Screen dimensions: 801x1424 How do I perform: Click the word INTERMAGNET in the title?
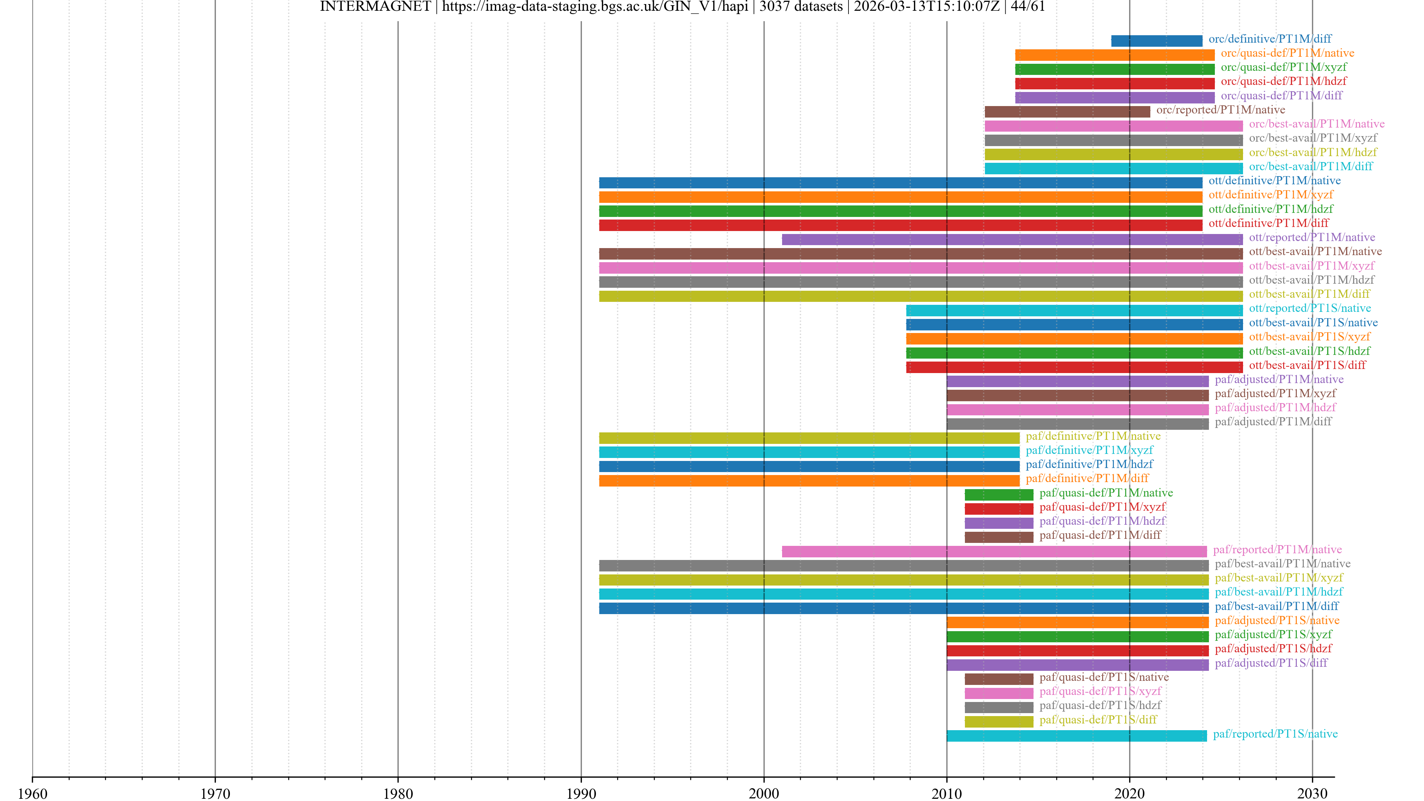(x=375, y=7)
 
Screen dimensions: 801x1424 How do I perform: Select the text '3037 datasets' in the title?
(x=801, y=7)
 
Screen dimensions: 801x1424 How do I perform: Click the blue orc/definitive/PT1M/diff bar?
(x=1157, y=41)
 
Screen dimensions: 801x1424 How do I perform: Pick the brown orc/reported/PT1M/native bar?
(x=1067, y=112)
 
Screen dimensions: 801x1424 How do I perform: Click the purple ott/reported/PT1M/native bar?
(x=1012, y=239)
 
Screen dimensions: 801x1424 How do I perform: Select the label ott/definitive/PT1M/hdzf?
(x=1270, y=209)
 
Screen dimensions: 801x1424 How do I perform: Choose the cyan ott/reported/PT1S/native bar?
(x=1074, y=310)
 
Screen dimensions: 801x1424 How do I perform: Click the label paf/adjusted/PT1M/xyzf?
(x=1275, y=393)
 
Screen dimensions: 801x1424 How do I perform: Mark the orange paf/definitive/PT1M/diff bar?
(x=809, y=480)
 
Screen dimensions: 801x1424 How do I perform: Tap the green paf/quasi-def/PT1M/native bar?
(x=998, y=495)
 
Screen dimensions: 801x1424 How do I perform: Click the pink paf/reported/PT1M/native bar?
(x=994, y=551)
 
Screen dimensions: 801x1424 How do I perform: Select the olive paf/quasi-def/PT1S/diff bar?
(x=998, y=721)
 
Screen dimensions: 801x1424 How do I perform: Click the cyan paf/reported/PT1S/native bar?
(x=1076, y=736)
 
